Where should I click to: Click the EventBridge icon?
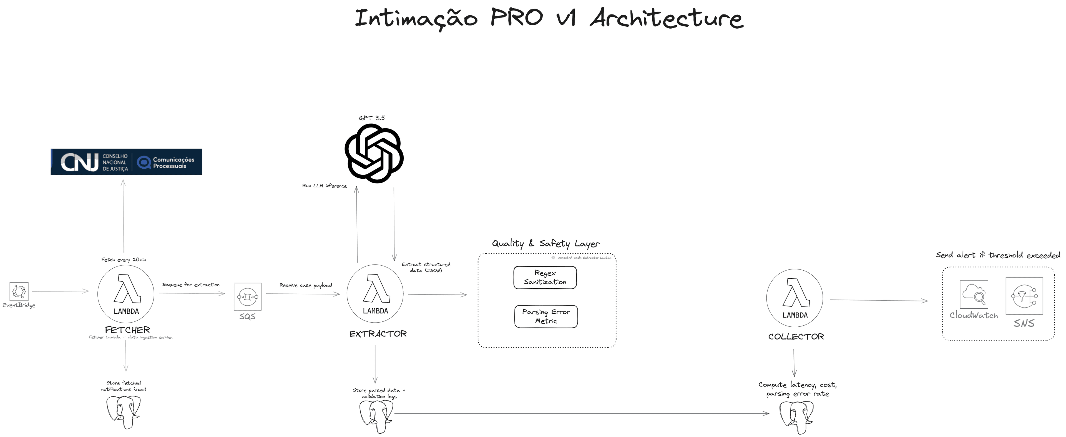(x=19, y=292)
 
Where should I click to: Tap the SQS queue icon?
(x=247, y=297)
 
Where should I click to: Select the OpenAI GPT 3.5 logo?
(x=374, y=154)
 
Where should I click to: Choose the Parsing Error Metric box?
(x=546, y=316)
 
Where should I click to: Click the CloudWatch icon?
(x=974, y=294)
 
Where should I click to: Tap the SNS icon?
(x=1024, y=296)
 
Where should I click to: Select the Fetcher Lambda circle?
(x=126, y=294)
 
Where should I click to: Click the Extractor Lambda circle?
(x=375, y=293)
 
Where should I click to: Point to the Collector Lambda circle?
(x=795, y=298)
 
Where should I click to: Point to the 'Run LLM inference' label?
(x=325, y=186)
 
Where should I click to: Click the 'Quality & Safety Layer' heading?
(x=545, y=244)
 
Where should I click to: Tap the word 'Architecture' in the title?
(x=666, y=19)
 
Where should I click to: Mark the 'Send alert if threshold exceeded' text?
(x=998, y=255)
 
